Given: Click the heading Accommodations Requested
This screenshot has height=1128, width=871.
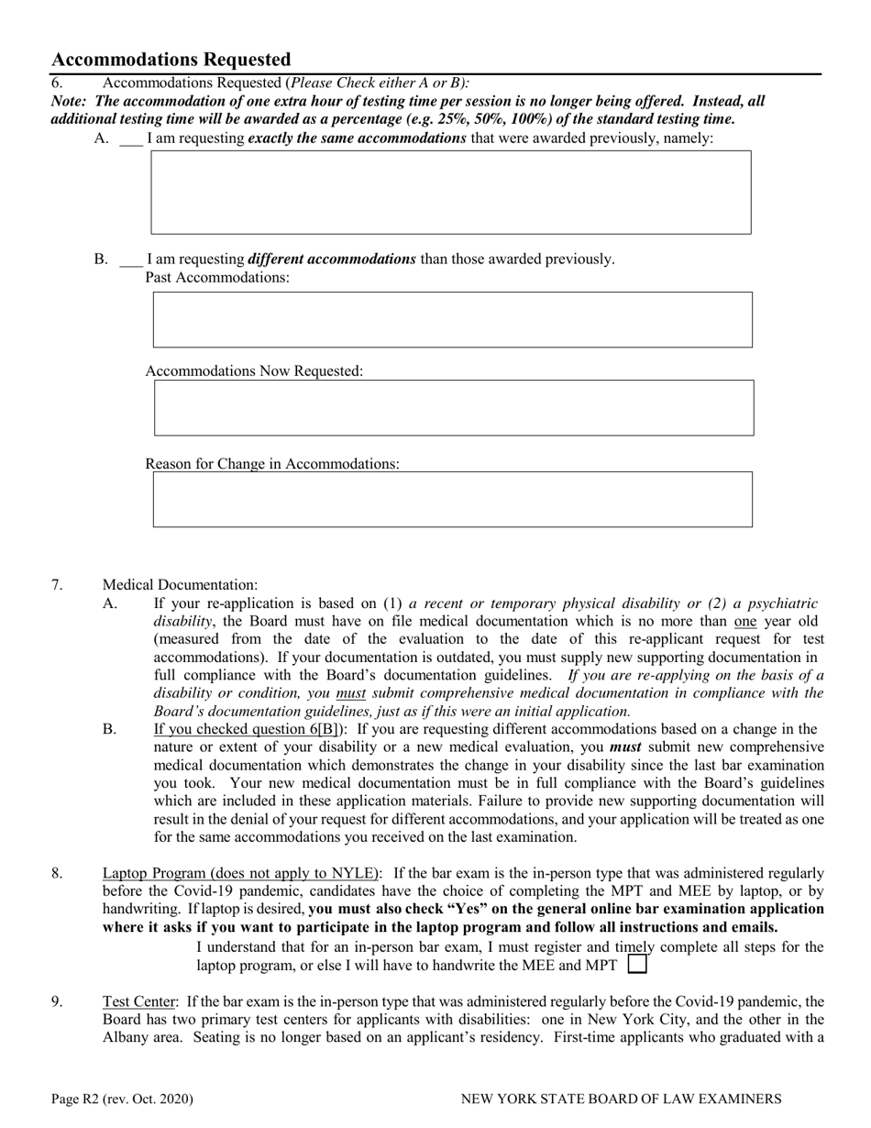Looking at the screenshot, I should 171,61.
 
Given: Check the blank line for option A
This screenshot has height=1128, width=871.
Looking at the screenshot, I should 131,140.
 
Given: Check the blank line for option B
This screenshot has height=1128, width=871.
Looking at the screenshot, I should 131,260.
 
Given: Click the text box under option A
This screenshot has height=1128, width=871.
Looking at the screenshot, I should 450,193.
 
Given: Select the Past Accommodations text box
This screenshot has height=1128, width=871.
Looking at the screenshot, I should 452,320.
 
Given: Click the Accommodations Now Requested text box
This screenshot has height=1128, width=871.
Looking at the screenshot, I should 453,408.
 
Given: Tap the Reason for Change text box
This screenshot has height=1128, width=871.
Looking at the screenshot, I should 452,500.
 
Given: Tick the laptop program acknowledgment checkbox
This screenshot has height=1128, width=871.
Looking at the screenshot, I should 637,965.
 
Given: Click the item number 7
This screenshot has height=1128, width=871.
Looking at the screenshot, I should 57,585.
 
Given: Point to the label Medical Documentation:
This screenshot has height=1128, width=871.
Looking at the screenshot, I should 180,585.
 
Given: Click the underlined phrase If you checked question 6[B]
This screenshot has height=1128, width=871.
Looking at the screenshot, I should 249,730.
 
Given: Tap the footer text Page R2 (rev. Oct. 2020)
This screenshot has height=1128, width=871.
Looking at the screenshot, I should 122,1099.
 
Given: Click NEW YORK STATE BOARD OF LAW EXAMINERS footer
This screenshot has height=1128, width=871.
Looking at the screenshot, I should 621,1099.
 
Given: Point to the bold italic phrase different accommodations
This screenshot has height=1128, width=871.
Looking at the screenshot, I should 332,260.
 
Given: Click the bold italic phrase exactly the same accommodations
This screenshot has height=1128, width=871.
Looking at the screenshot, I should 357,139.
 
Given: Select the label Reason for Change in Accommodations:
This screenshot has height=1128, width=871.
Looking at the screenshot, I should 272,464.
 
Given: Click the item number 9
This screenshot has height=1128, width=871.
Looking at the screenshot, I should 57,1001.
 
